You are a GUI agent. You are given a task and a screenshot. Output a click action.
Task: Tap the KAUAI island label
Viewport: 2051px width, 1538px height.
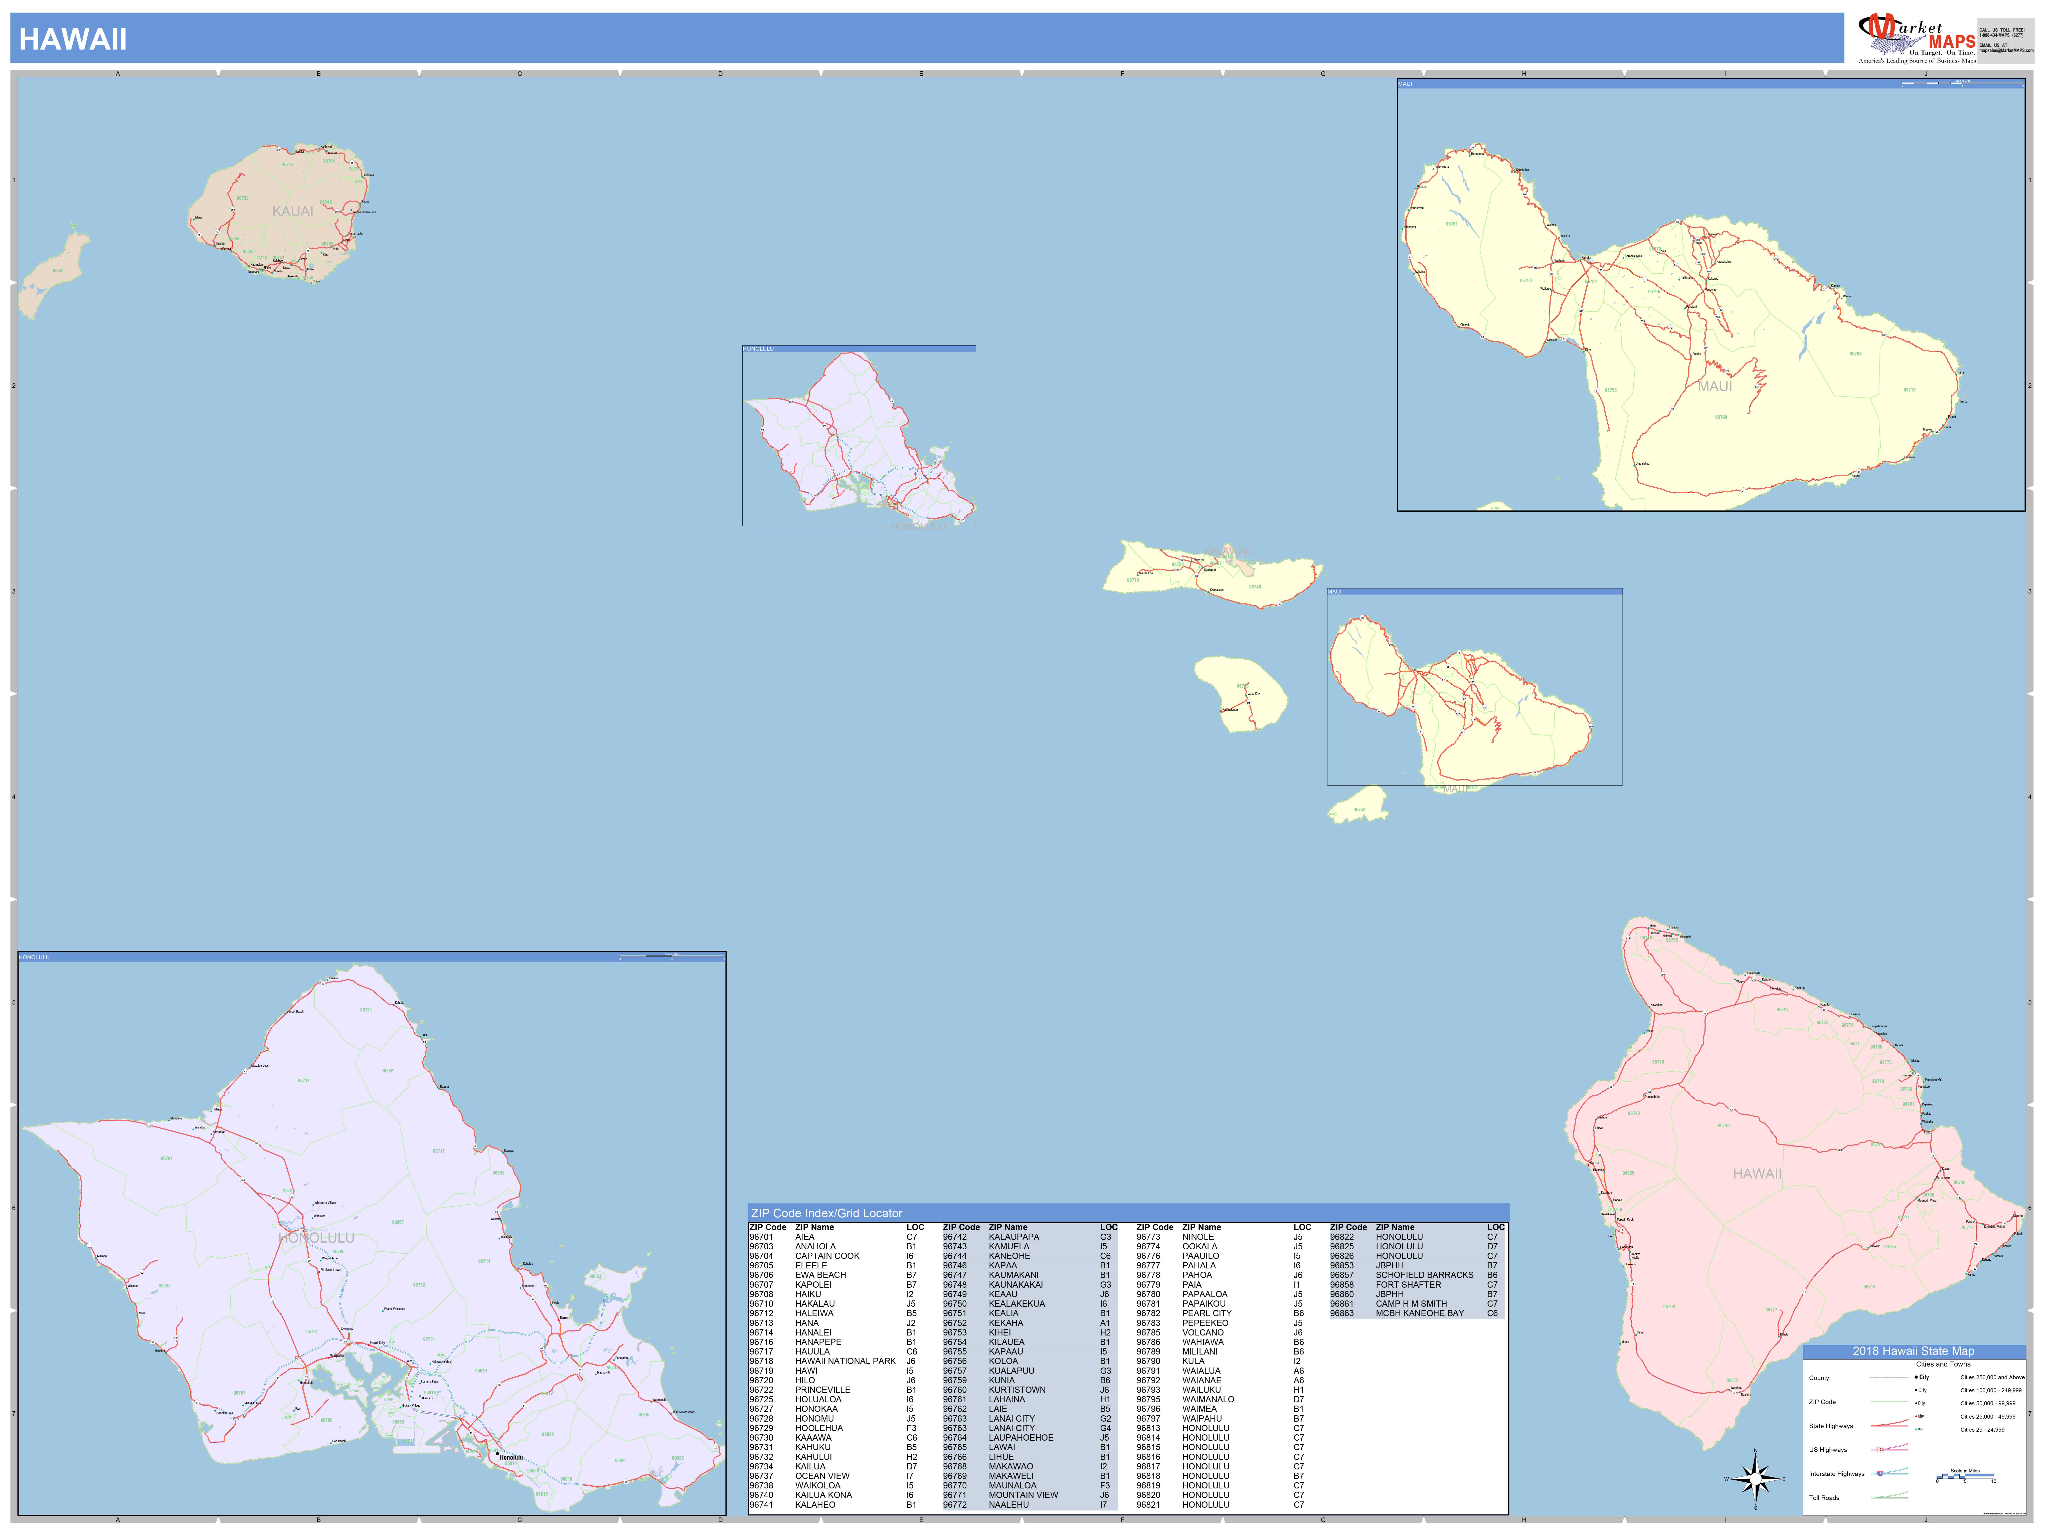tap(293, 211)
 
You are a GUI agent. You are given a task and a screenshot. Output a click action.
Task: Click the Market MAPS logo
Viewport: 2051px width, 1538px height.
tap(1916, 39)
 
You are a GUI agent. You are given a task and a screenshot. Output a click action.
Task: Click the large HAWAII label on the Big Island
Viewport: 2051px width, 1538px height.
tap(1757, 1174)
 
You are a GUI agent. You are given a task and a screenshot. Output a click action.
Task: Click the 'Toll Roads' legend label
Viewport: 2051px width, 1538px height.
tap(1824, 1497)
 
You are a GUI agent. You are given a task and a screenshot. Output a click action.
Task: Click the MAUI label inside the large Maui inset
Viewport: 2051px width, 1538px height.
tap(1715, 387)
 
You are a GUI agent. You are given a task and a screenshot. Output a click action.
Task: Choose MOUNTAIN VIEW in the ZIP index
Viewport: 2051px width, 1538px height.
tap(1023, 1494)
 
